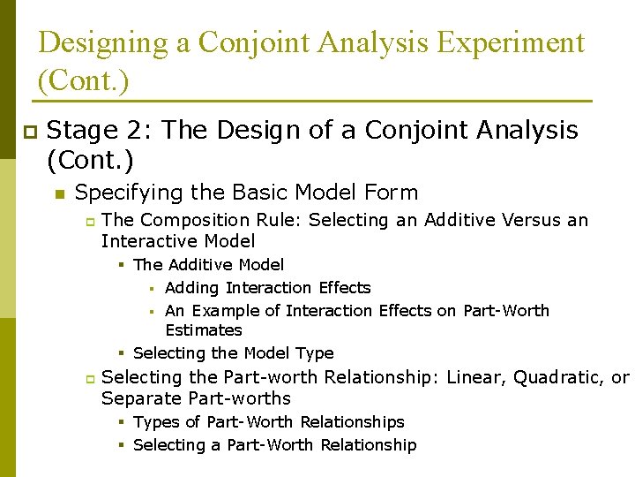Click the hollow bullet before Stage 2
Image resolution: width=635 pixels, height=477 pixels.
(x=27, y=132)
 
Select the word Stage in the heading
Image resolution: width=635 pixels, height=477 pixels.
(x=81, y=131)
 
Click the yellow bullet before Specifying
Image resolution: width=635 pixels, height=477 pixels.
(x=59, y=193)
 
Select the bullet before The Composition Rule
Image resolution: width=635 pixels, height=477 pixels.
(x=89, y=221)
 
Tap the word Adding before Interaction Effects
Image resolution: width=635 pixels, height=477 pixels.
(x=192, y=288)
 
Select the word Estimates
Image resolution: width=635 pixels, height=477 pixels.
(x=203, y=330)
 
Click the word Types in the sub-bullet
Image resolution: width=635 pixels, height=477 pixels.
(x=156, y=422)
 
